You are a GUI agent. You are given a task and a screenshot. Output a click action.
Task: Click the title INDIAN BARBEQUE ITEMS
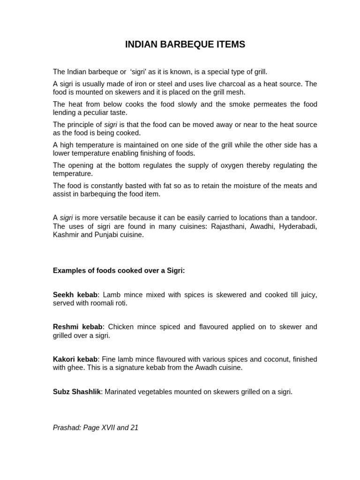(x=185, y=45)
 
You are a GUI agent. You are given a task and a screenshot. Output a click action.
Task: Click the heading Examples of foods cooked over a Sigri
(x=119, y=270)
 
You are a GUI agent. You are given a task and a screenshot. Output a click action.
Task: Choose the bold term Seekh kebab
(x=75, y=294)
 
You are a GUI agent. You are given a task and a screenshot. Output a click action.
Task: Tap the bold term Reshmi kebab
(x=77, y=327)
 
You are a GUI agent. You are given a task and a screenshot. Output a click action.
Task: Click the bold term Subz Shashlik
(x=77, y=391)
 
